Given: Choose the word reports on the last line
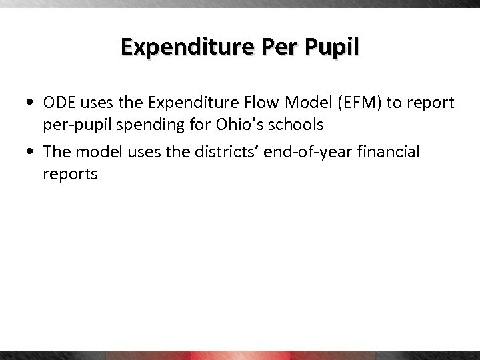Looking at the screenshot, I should click(x=69, y=175).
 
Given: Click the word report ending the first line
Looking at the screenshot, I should click(x=432, y=104).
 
